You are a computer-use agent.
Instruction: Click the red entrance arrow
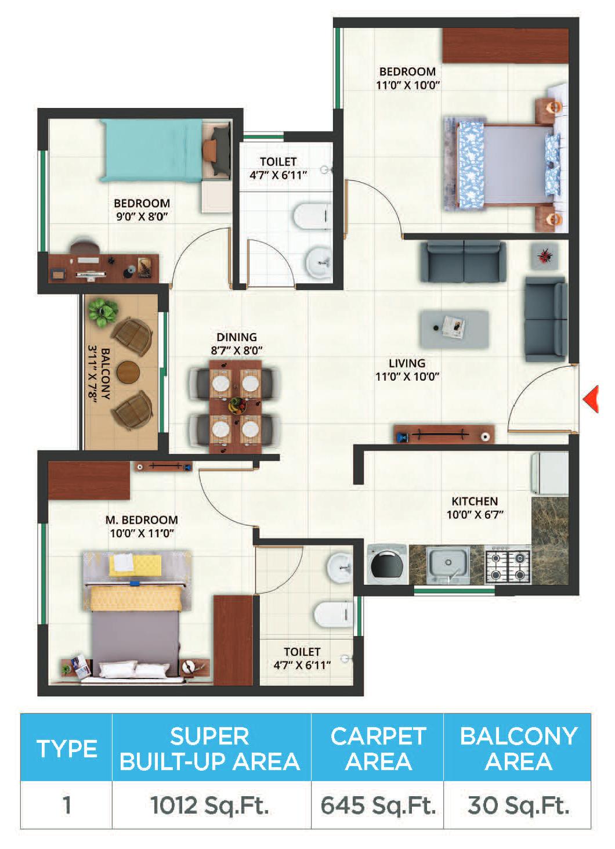pyautogui.click(x=592, y=399)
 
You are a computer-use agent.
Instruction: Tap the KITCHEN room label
pyautogui.click(x=475, y=501)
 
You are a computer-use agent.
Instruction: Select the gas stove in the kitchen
pyautogui.click(x=508, y=565)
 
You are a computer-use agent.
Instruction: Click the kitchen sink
pyautogui.click(x=447, y=565)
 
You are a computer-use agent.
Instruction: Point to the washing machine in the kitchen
pyautogui.click(x=387, y=565)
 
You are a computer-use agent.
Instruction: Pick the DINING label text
pyautogui.click(x=237, y=337)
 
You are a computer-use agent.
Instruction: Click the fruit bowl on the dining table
pyautogui.click(x=237, y=405)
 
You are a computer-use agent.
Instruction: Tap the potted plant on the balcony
pyautogui.click(x=102, y=312)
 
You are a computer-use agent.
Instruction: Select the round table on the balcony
pyautogui.click(x=128, y=372)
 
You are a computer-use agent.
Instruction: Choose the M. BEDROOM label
pyautogui.click(x=142, y=519)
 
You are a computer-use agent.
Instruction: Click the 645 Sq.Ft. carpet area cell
pyautogui.click(x=377, y=806)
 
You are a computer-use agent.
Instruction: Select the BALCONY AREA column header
pyautogui.click(x=518, y=748)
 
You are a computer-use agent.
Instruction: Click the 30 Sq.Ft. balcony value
pyautogui.click(x=518, y=806)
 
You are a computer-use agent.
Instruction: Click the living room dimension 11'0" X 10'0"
pyautogui.click(x=407, y=377)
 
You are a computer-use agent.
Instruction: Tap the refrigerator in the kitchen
pyautogui.click(x=550, y=474)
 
